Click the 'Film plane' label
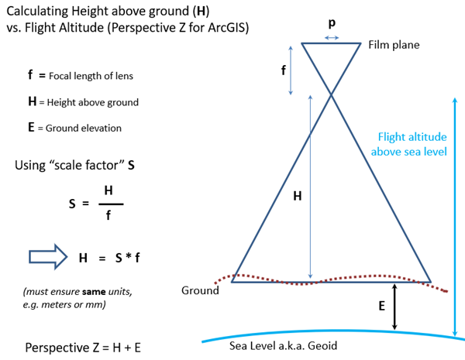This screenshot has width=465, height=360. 394,45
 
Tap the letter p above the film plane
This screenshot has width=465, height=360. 332,24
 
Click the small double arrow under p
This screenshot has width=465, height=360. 332,37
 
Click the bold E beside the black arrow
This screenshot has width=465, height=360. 381,306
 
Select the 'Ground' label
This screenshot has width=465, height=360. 200,290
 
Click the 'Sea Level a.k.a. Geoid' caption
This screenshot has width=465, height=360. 284,345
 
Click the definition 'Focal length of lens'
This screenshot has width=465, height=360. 91,77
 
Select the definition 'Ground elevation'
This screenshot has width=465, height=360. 84,128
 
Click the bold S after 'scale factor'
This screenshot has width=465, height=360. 121,166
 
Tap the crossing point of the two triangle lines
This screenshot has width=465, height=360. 332,94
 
